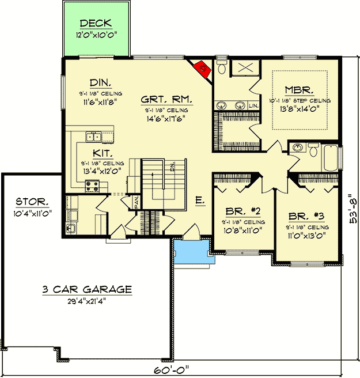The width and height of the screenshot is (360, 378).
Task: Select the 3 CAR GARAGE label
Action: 87,289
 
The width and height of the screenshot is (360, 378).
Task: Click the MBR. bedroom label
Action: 299,90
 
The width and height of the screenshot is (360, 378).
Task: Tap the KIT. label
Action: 102,154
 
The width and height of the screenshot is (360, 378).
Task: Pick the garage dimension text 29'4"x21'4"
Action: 87,300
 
